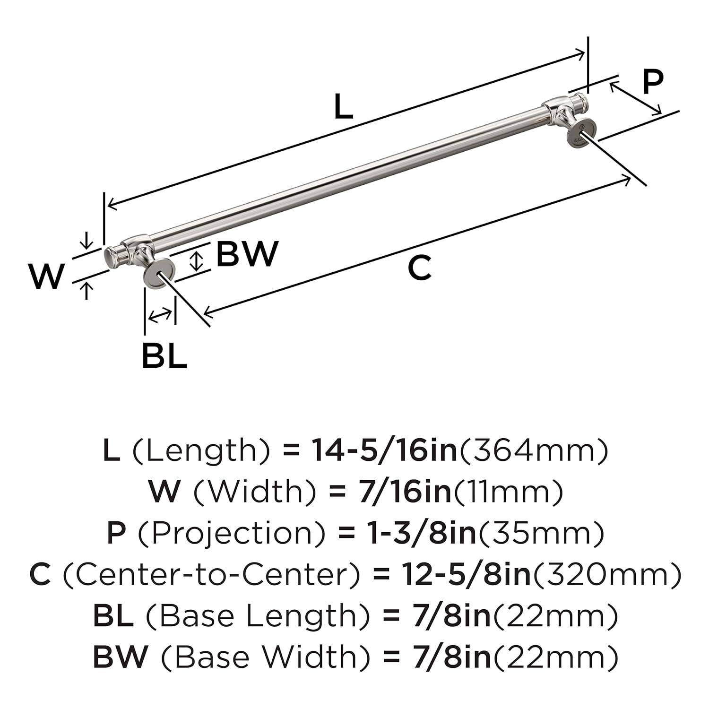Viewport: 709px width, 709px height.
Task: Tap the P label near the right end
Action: [653, 83]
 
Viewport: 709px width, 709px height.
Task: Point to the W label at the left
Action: [46, 277]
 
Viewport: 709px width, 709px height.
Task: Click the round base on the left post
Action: [159, 273]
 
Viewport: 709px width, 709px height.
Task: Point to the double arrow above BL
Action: [160, 314]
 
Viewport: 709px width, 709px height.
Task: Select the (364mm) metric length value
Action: [534, 450]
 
